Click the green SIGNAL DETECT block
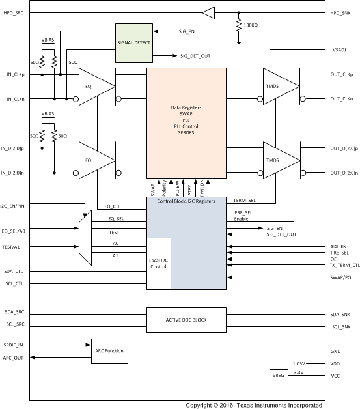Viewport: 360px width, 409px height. [133, 43]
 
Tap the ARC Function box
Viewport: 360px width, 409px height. [109, 351]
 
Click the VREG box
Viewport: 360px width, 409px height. [279, 375]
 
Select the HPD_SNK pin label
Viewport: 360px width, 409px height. [344, 12]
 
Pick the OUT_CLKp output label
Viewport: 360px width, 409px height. [343, 74]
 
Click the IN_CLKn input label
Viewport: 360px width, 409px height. [14, 99]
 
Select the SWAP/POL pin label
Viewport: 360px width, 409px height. [342, 277]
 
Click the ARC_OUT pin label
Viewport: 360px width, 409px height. [14, 357]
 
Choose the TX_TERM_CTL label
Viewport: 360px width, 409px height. [340, 265]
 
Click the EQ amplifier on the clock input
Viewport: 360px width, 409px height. [90, 86]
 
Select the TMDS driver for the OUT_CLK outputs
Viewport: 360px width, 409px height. [275, 86]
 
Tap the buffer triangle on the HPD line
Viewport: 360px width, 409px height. [208, 12]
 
